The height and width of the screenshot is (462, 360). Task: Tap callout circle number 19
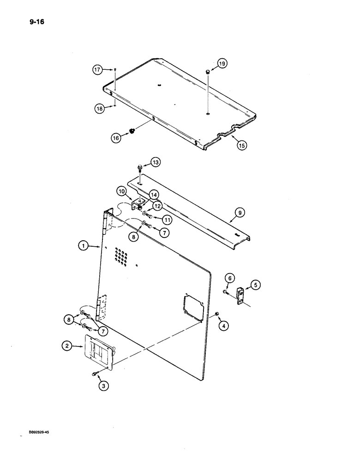pos(222,64)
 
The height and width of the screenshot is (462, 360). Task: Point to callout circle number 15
pos(242,145)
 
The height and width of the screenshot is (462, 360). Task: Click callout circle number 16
pos(116,137)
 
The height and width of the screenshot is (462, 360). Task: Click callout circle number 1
pos(84,247)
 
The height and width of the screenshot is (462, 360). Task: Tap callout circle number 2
pos(68,345)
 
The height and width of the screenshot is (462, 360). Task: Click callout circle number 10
pos(121,190)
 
